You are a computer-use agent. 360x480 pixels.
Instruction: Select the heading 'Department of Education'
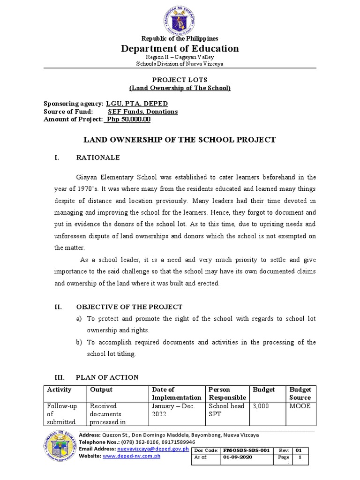[x=180, y=48]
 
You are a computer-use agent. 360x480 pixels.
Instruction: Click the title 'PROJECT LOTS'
[x=180, y=80]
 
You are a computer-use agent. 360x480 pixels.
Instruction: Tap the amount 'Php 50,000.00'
[x=127, y=120]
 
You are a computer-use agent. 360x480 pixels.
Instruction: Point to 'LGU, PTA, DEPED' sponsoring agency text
[x=137, y=104]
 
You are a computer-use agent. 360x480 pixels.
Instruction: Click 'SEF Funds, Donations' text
[x=142, y=112]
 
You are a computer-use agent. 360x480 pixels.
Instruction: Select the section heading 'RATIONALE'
[x=98, y=157]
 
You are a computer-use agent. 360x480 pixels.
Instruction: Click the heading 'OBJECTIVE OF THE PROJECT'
[x=129, y=307]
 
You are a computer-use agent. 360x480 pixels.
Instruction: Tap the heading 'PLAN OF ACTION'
[x=107, y=377]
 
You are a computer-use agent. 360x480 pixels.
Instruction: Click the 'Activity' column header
[x=59, y=390]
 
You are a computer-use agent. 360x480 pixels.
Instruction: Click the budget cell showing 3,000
[x=261, y=406]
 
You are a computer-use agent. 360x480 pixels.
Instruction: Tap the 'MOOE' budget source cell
[x=300, y=406]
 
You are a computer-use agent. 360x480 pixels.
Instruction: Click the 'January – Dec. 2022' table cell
[x=172, y=410]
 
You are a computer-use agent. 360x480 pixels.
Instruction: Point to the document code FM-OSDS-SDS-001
[x=246, y=450]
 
